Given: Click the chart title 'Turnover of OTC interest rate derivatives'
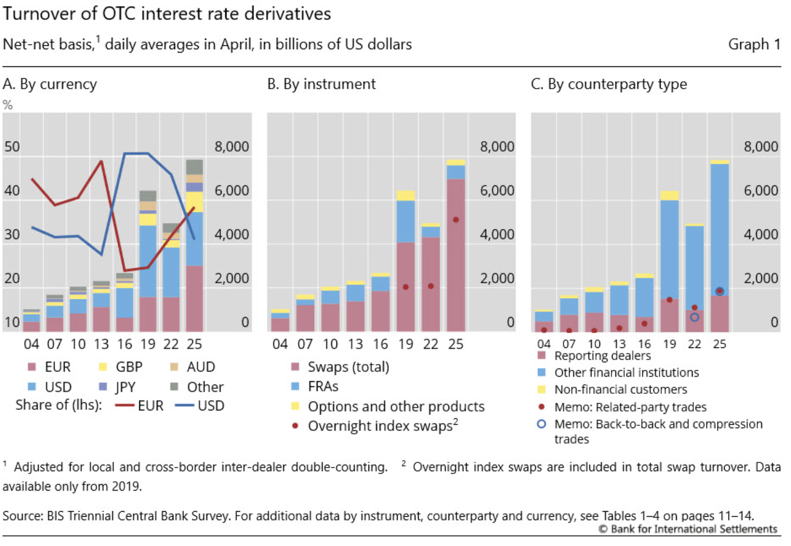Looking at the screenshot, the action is click(x=167, y=14).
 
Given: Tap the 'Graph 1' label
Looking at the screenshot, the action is click(x=755, y=44).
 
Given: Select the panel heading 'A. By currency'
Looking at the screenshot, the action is click(x=50, y=84).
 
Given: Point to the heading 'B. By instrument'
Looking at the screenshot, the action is click(x=321, y=84).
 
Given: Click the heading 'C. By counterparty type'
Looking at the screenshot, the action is click(x=609, y=84).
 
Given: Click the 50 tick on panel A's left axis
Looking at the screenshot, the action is click(x=12, y=147).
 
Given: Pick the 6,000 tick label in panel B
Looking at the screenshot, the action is click(x=497, y=191).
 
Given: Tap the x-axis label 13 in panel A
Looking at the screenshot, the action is click(x=101, y=344).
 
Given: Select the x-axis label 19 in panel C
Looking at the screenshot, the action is click(x=669, y=344).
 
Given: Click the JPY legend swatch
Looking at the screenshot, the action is click(x=103, y=387).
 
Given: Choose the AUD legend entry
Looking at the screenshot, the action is click(x=192, y=367).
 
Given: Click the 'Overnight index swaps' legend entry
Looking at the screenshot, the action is click(x=376, y=425).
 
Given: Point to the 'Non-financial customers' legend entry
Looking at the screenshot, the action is click(x=613, y=389).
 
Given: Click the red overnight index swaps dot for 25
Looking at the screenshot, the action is click(x=456, y=220).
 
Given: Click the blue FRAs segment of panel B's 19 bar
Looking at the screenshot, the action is click(x=406, y=221).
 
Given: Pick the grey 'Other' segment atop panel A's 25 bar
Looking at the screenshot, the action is click(x=194, y=167).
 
